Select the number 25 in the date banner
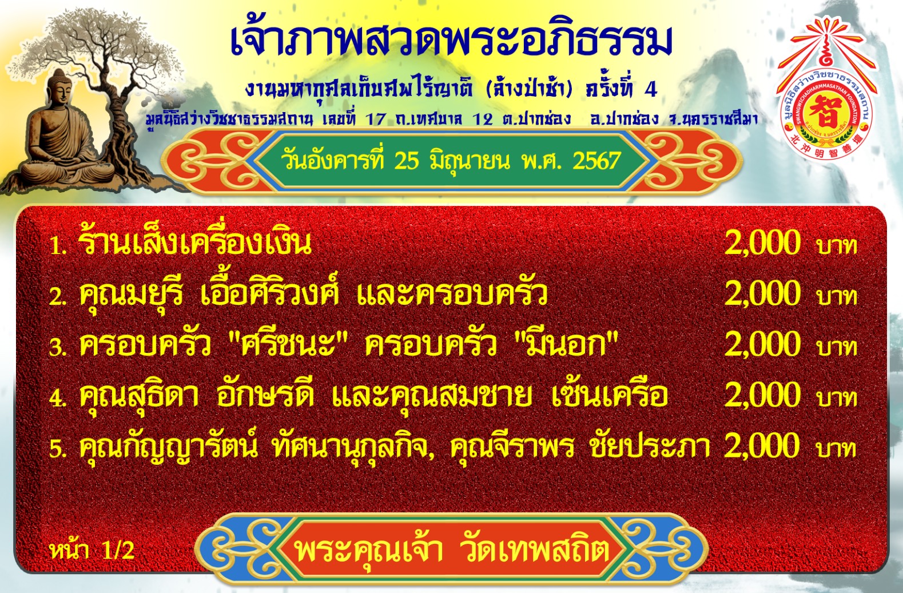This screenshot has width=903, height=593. tap(407, 161)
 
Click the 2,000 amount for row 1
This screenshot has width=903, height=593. tap(762, 242)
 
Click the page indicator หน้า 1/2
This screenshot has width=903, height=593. tap(92, 550)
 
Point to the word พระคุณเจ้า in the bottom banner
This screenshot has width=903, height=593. tap(369, 549)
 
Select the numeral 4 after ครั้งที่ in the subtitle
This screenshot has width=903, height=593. tap(651, 90)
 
